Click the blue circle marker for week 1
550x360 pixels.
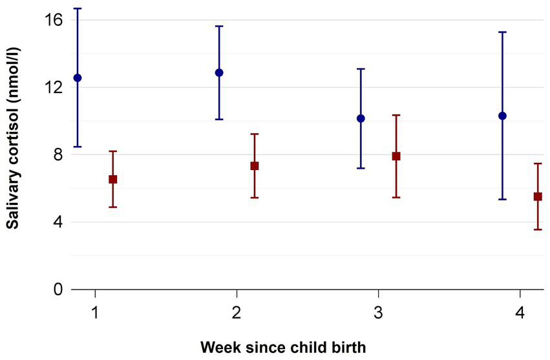tap(78, 78)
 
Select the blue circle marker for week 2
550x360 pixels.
tap(219, 72)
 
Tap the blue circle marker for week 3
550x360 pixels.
tap(361, 118)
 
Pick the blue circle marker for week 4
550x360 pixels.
tap(502, 116)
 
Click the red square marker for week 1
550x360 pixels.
tap(112, 179)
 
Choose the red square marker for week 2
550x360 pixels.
tap(255, 165)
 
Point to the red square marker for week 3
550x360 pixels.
tap(396, 156)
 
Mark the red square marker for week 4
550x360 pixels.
tap(538, 196)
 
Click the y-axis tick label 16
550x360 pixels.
tap(54, 20)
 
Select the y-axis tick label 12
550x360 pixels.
tap(54, 87)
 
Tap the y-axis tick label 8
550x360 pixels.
tap(58, 155)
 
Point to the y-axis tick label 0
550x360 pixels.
tap(58, 290)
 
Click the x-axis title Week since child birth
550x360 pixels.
tap(283, 347)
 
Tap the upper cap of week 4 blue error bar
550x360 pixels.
tap(502, 32)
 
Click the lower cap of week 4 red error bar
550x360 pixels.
tap(538, 229)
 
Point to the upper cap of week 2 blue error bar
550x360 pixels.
tap(219, 26)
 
